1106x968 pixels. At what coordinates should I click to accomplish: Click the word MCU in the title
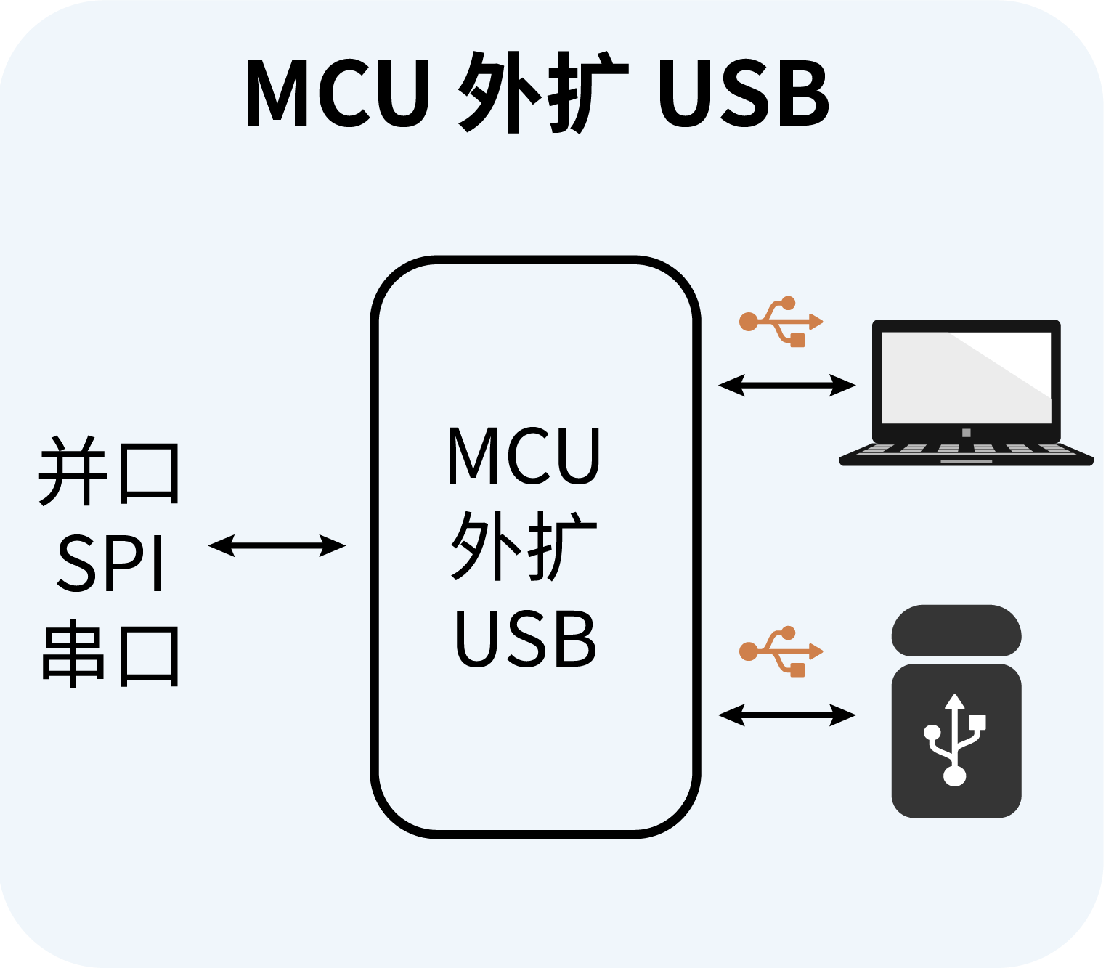pos(338,93)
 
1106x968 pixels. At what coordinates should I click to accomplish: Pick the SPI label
pos(110,564)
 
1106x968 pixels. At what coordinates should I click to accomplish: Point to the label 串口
pos(109,655)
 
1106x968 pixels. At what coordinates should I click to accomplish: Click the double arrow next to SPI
pos(277,545)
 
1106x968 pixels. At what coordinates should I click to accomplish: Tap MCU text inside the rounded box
pos(523,456)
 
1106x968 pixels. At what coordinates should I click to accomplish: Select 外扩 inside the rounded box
pos(523,546)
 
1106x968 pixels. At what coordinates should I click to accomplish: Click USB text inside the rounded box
pos(524,639)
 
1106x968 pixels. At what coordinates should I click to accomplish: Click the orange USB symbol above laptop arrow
pos(781,322)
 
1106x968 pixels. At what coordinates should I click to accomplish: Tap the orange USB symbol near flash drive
pos(781,651)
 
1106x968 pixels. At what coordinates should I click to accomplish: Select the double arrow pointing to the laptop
pos(786,385)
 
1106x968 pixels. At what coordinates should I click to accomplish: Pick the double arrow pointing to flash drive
pos(786,715)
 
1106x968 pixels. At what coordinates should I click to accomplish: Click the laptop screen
pos(966,378)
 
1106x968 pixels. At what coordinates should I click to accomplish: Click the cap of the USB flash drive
pos(956,630)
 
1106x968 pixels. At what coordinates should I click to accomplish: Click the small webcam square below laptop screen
pos(966,433)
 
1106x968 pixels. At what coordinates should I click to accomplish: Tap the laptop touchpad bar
pos(966,461)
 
